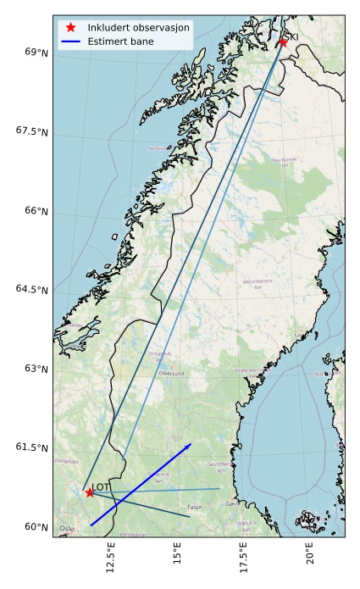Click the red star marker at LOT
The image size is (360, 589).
pos(89,492)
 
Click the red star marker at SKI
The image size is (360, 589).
pos(282,42)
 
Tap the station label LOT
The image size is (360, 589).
pos(100,486)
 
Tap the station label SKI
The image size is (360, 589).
pos(291,36)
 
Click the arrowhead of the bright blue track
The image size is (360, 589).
pos(189,445)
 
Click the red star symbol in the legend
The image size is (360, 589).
pos(71,27)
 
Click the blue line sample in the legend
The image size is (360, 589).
pos(71,41)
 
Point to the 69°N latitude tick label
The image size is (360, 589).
pos(36,53)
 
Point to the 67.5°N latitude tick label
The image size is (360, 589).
pos(33,131)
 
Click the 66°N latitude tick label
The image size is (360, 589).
pos(36,210)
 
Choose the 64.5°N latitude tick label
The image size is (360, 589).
pos(33,290)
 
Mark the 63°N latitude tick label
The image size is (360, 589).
pos(36,369)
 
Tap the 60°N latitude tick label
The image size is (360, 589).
pos(36,526)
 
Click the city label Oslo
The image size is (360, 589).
pos(67,528)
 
